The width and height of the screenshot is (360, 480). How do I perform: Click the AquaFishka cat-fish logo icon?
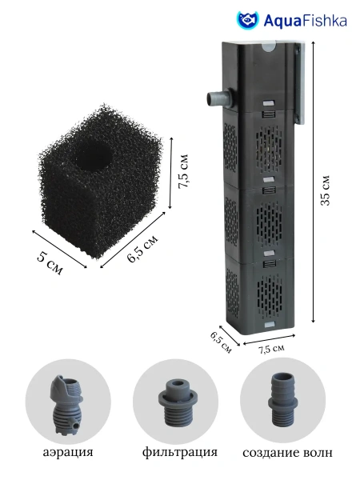248,20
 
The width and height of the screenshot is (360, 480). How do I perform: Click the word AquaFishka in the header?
306,21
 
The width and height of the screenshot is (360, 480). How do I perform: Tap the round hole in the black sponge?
93,157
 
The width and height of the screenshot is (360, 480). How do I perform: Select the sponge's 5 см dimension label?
50,262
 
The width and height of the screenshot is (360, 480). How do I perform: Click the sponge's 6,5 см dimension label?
142,249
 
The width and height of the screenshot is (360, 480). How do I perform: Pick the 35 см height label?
326,190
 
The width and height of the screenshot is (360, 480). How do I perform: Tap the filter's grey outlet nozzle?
218,99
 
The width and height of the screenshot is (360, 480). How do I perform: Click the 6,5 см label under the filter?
221,342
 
